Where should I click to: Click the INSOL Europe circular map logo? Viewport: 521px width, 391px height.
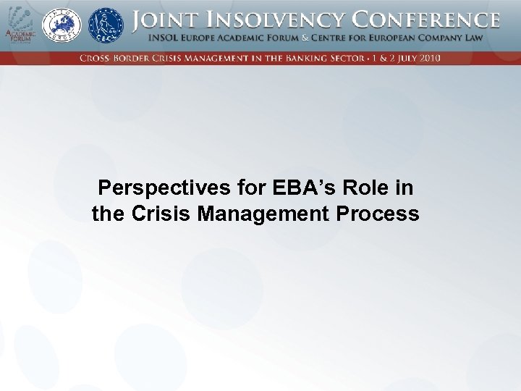coord(62,25)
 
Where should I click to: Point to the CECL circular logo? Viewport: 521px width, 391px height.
coord(106,25)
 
